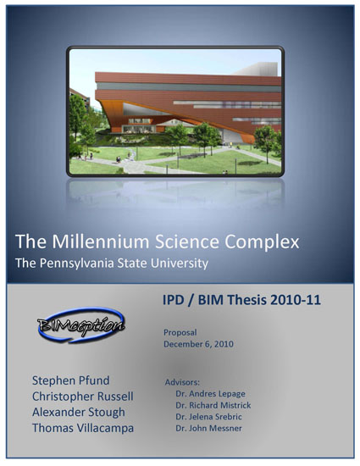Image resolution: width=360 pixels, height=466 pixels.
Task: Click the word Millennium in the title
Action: point(101,241)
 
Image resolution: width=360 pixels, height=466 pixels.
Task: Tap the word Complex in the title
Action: point(262,242)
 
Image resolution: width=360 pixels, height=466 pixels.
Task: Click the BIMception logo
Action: point(80,325)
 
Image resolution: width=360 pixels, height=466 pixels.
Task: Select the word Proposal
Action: point(180,333)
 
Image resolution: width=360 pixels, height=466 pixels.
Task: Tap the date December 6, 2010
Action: point(198,344)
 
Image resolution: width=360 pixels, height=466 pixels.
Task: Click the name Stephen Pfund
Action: point(70,380)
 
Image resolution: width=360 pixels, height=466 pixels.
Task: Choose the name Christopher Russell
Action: point(82,397)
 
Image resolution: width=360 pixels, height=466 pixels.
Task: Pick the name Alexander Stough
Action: point(79,413)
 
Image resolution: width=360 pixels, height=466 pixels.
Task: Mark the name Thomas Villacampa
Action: point(83,428)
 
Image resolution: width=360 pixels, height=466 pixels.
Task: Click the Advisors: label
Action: point(182,382)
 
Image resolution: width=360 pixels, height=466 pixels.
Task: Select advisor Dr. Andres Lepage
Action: point(210,393)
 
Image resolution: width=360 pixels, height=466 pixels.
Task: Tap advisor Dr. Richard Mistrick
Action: point(213,405)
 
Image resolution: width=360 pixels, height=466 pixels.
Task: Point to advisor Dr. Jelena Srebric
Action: point(208,417)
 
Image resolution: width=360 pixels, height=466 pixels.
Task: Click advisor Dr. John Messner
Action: point(208,428)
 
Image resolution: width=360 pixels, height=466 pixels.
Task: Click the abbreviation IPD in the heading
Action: point(174,300)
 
